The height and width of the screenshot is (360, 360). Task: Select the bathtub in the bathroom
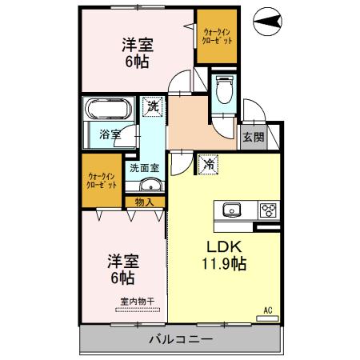110,110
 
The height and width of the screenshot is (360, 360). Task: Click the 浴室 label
110,134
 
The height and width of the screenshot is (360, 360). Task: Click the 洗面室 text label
145,168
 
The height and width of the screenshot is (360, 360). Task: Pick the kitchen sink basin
232,210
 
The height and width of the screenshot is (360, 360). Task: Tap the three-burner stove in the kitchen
266,210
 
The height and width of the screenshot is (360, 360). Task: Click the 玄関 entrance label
252,136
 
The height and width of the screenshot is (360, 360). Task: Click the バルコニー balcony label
180,340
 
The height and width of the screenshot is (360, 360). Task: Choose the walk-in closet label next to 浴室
101,180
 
